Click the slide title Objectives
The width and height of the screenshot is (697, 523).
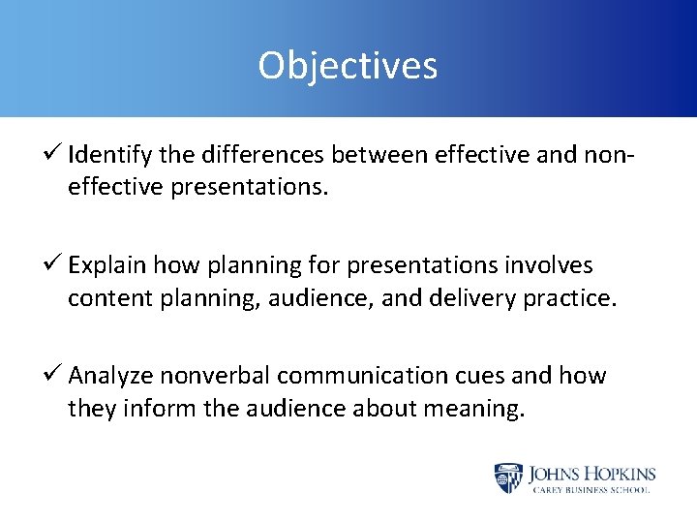[x=348, y=66]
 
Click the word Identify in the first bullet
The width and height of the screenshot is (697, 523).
[x=106, y=155]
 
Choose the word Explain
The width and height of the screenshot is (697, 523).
[x=108, y=265]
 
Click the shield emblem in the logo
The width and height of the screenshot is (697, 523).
[x=507, y=477]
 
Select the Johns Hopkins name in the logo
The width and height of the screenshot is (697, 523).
[x=591, y=474]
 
